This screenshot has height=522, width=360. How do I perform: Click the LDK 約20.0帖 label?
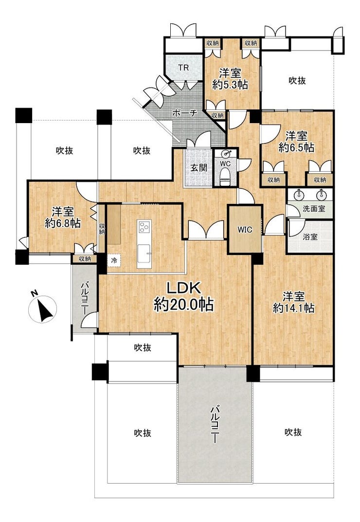point(183,296)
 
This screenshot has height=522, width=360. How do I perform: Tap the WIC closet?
point(245,229)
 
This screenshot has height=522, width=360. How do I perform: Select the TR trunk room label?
point(183,68)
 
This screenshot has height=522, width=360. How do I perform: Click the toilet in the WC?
point(225,175)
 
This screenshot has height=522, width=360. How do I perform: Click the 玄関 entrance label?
point(198,168)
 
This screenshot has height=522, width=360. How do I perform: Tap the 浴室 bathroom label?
point(310,237)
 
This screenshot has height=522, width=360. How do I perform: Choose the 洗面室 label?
point(314,209)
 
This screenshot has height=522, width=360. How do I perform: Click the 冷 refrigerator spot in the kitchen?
point(114,260)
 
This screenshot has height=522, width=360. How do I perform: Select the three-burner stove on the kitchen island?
point(144,227)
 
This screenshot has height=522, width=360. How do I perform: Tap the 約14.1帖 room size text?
point(293,308)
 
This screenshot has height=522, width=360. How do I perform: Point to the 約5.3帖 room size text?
point(230,85)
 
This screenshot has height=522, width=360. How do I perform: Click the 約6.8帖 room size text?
point(63,223)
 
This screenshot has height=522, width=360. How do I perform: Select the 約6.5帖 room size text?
point(296,147)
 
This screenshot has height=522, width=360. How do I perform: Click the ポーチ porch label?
point(185,113)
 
